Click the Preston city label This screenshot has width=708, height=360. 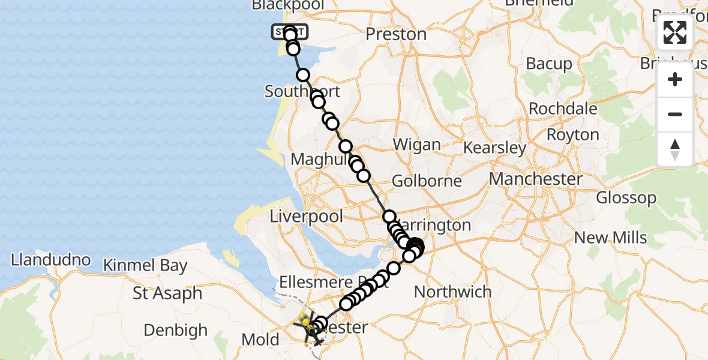click(396, 34)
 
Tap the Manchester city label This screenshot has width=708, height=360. click(535, 179)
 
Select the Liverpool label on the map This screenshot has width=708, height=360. click(307, 216)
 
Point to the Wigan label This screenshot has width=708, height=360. click(416, 145)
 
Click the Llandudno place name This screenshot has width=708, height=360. click(51, 260)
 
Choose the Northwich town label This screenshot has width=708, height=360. click(453, 292)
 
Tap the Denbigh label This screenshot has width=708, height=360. click(176, 330)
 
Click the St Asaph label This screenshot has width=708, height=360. click(167, 294)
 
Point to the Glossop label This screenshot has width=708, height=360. click(626, 197)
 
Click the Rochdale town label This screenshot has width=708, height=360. click(563, 109)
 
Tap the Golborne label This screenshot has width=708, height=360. click(427, 181)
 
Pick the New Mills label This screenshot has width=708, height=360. click(610, 237)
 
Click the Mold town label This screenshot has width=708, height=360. click(260, 340)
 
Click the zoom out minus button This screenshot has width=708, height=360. click(675, 114)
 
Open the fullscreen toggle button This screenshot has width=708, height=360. click(675, 33)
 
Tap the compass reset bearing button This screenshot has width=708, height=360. click(675, 149)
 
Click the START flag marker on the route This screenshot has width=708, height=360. click(290, 31)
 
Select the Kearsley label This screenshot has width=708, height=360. click(495, 148)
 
